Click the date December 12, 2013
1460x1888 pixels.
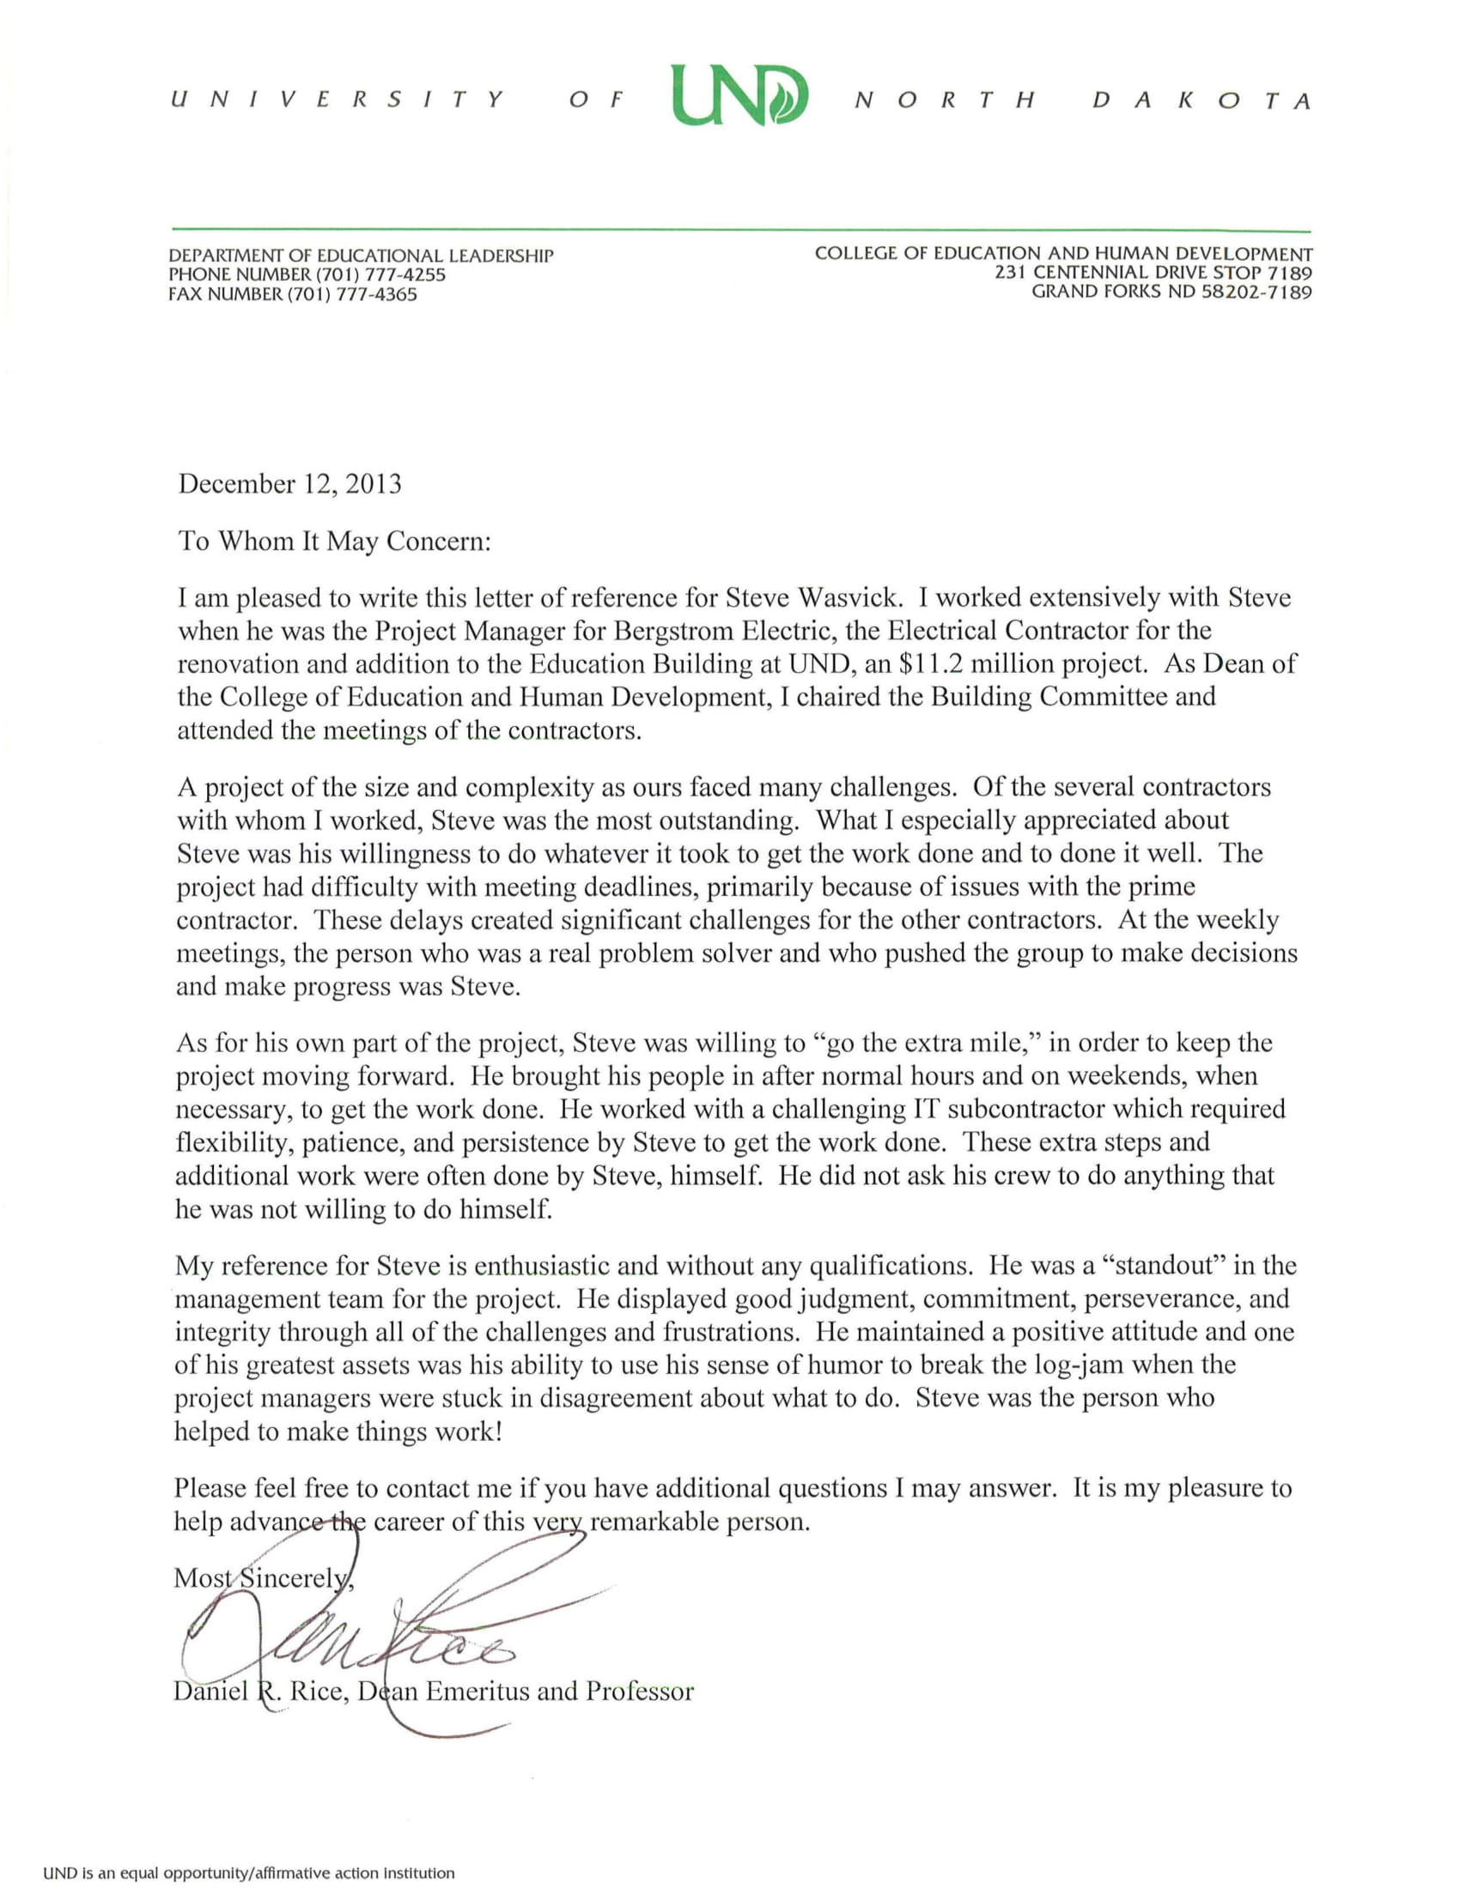289,483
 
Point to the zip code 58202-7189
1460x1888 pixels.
1257,292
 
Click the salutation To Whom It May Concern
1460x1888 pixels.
334,542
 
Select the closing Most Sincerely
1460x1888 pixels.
263,1577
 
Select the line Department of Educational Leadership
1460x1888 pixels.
361,256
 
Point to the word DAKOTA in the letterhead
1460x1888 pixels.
1202,101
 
